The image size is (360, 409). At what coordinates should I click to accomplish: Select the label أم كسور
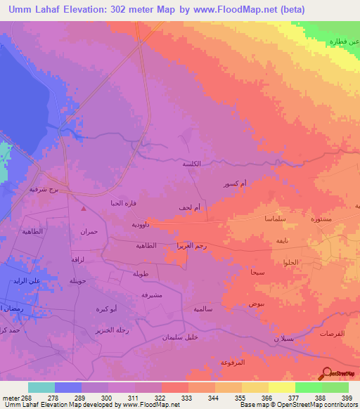234,184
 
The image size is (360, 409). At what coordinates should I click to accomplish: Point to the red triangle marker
84,208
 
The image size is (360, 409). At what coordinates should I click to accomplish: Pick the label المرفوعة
232,362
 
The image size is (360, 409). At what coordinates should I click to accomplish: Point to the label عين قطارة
345,41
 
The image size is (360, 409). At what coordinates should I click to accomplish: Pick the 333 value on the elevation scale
187,397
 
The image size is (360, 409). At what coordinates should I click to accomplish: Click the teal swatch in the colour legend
41,387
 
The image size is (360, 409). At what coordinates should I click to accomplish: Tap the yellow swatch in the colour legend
282,387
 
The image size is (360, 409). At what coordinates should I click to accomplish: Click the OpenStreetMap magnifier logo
326,372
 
